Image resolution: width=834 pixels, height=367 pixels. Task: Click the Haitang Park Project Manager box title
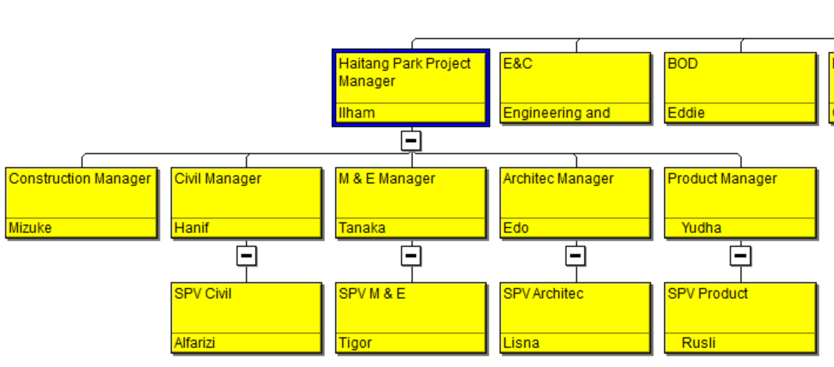point(405,72)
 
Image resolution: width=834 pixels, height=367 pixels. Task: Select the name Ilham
point(356,113)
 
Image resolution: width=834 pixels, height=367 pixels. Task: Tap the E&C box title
point(518,63)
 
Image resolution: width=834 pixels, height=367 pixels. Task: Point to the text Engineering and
point(556,113)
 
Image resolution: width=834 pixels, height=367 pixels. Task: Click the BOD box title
point(682,63)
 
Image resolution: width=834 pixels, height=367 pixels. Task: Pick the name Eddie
point(686,113)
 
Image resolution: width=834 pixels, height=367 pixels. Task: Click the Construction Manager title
point(80,179)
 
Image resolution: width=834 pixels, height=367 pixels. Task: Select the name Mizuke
point(31,228)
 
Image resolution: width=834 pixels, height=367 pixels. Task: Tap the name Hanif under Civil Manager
point(192,228)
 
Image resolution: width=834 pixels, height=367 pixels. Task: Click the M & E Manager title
point(387,179)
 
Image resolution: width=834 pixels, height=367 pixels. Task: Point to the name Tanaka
point(363,228)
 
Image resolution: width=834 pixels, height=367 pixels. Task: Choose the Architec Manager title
point(558,179)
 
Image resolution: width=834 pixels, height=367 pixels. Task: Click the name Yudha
point(701,228)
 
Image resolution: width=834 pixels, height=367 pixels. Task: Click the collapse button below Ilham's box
point(411,141)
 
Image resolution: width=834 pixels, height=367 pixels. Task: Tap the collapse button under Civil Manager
point(246,256)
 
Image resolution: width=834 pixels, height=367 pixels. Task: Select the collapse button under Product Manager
point(740,256)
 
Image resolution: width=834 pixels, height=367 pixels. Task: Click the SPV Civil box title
point(203,293)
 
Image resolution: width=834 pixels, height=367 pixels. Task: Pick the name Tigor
point(356,343)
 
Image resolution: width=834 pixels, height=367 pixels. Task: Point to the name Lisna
point(521,343)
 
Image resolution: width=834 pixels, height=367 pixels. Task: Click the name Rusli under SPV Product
point(699,343)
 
